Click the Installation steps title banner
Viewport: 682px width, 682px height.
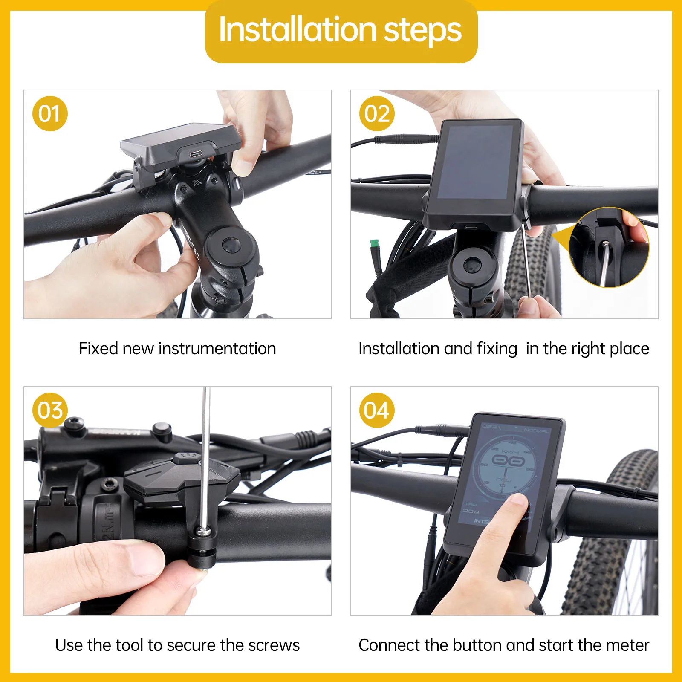[341, 31]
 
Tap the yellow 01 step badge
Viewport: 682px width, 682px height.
[50, 114]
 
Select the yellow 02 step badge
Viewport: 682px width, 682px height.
[377, 114]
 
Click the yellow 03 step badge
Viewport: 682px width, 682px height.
[50, 410]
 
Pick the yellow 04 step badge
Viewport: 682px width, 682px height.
[377, 410]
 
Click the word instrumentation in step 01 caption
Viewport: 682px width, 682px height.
[217, 349]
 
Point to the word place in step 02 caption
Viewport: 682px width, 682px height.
[630, 349]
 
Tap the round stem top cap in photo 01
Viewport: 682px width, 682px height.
[232, 246]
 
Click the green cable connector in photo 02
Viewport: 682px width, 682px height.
[374, 244]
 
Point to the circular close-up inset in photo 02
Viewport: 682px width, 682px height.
[610, 247]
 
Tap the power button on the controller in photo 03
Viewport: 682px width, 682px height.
[186, 456]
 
